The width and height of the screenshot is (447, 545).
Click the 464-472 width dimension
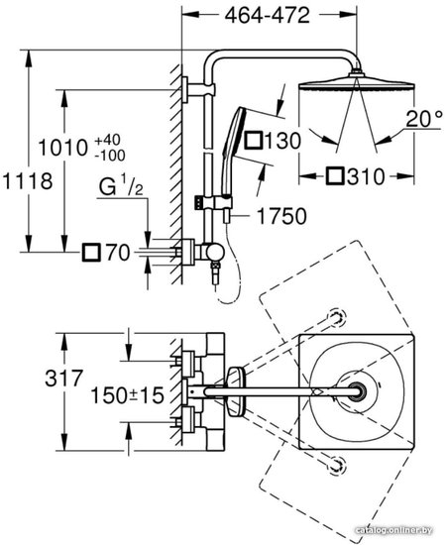tap(267, 16)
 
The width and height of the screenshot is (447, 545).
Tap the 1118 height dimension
tap(27, 181)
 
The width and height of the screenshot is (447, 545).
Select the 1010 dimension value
tap(62, 148)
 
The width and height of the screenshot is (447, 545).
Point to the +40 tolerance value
tap(108, 140)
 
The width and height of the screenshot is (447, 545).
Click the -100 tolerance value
tap(110, 156)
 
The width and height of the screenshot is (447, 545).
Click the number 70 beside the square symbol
tap(118, 253)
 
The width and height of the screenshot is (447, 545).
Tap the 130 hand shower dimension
tap(282, 141)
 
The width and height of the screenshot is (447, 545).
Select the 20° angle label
tap(424, 119)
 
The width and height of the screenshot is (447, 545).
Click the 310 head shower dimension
tap(366, 176)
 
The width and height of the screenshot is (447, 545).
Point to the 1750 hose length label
tap(281, 216)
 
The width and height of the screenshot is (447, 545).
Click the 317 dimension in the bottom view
tap(64, 379)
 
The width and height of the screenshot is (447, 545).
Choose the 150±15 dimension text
tap(127, 395)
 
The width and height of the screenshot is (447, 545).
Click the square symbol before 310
tap(335, 176)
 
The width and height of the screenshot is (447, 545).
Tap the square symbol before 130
tap(253, 141)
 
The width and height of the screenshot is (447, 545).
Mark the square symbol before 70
tap(91, 253)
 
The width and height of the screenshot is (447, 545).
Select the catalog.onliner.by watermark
tap(393, 530)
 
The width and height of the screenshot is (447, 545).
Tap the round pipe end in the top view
tap(357, 391)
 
